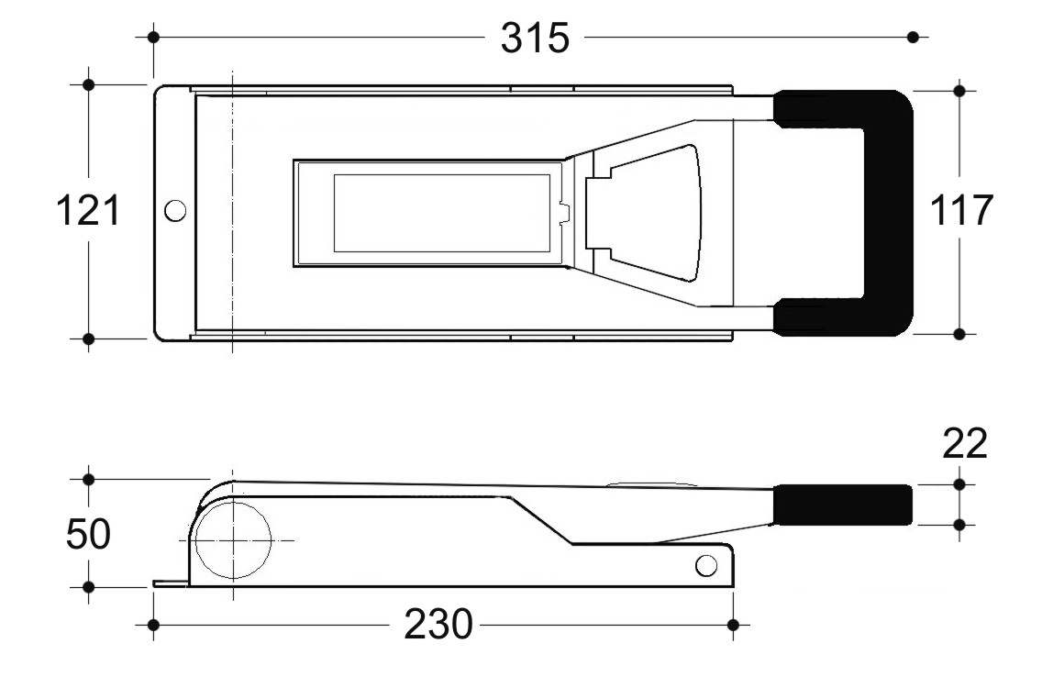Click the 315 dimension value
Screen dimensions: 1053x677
pyautogui.click(x=535, y=38)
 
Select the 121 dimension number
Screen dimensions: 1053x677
pyautogui.click(x=88, y=210)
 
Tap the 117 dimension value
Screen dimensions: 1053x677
pyautogui.click(x=961, y=210)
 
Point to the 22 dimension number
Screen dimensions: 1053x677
pyautogui.click(x=965, y=443)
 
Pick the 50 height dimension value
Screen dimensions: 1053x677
pyautogui.click(x=88, y=535)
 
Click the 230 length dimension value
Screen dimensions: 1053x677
pyautogui.click(x=438, y=625)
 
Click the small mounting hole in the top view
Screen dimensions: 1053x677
pyautogui.click(x=175, y=211)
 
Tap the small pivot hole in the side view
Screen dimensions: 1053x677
pyautogui.click(x=705, y=565)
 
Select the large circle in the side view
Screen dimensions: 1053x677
pyautogui.click(x=233, y=540)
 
